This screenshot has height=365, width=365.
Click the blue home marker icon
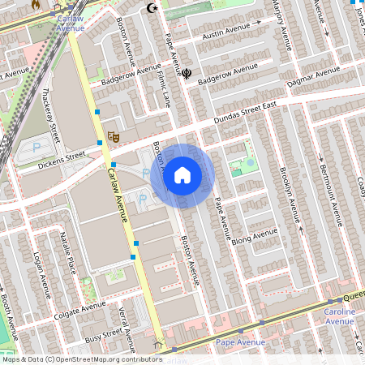pos(182,174)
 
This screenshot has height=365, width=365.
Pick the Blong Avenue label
pos(254,236)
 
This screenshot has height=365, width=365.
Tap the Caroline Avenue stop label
pos(339,316)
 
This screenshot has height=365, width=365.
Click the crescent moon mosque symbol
pos(150,8)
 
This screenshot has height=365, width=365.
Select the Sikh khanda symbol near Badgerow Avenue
pos(187,74)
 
